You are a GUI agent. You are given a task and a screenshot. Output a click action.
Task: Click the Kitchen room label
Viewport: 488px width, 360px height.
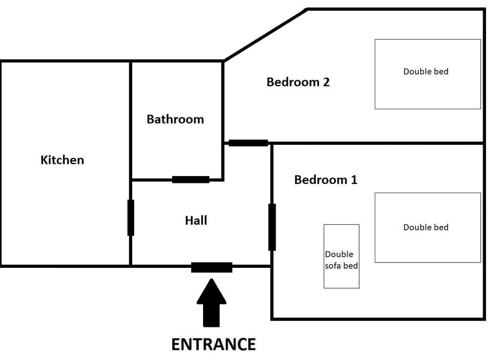pyautogui.click(x=62, y=160)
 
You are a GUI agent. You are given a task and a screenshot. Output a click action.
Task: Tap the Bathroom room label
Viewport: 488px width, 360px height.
pyautogui.click(x=175, y=119)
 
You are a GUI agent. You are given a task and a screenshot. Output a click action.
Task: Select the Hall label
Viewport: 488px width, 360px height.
pyautogui.click(x=196, y=220)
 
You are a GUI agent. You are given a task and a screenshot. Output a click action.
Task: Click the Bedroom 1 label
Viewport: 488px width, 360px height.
pyautogui.click(x=325, y=180)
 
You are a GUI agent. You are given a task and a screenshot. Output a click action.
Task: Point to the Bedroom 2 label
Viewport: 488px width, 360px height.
pyautogui.click(x=298, y=82)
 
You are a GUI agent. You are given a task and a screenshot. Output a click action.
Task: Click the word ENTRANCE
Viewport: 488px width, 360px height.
pyautogui.click(x=213, y=344)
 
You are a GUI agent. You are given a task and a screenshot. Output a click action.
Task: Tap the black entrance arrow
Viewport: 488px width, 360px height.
pyautogui.click(x=211, y=302)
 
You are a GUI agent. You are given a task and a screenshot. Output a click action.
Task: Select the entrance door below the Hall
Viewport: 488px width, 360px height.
pyautogui.click(x=211, y=267)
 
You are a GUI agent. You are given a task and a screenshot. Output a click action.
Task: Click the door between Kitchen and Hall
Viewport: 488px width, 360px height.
pyautogui.click(x=131, y=218)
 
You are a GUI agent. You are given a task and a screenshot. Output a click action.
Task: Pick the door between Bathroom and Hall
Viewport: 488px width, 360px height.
pyautogui.click(x=191, y=180)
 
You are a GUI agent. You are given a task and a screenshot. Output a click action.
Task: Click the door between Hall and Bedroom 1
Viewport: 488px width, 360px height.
pyautogui.click(x=272, y=227)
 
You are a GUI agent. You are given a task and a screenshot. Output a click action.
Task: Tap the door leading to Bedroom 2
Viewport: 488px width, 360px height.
pyautogui.click(x=248, y=143)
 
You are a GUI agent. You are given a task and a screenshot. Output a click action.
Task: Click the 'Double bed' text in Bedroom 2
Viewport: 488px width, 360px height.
pyautogui.click(x=426, y=71)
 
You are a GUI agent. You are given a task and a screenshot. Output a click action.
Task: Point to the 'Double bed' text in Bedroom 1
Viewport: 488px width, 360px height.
pyautogui.click(x=426, y=227)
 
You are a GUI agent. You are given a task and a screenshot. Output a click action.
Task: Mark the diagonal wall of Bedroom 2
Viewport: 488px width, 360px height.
pyautogui.click(x=265, y=35)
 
